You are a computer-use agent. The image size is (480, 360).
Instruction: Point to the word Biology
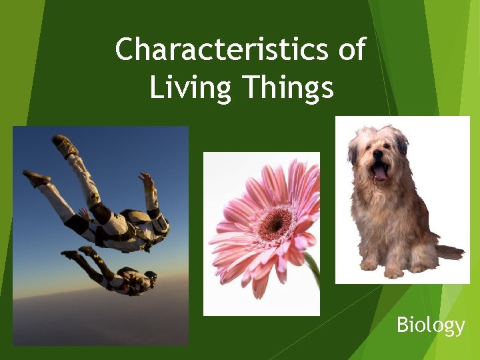(430, 325)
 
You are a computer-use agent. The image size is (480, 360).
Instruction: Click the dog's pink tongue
(380, 174)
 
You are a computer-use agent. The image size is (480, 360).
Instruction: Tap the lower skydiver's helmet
(150, 275)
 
